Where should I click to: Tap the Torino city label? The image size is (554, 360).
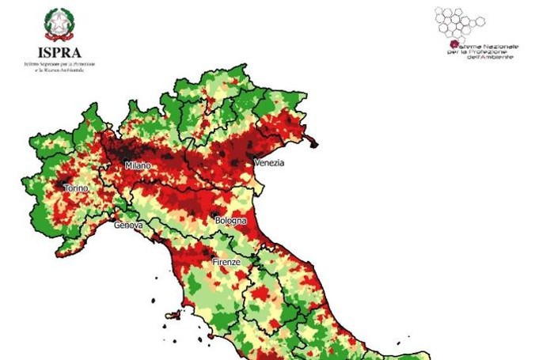[x=78, y=190]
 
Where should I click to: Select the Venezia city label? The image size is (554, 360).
[x=268, y=163]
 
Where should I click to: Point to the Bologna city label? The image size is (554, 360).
[x=230, y=221]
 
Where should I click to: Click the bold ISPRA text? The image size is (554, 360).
[x=56, y=49]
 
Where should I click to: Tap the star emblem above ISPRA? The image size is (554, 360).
[x=56, y=24]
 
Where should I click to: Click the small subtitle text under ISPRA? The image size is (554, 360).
[x=56, y=63]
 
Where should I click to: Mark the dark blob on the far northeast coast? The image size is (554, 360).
[x=314, y=143]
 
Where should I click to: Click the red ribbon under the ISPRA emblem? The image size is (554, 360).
[x=56, y=37]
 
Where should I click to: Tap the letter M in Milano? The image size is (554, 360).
[x=127, y=166]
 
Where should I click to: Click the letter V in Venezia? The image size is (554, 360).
[x=256, y=163]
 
